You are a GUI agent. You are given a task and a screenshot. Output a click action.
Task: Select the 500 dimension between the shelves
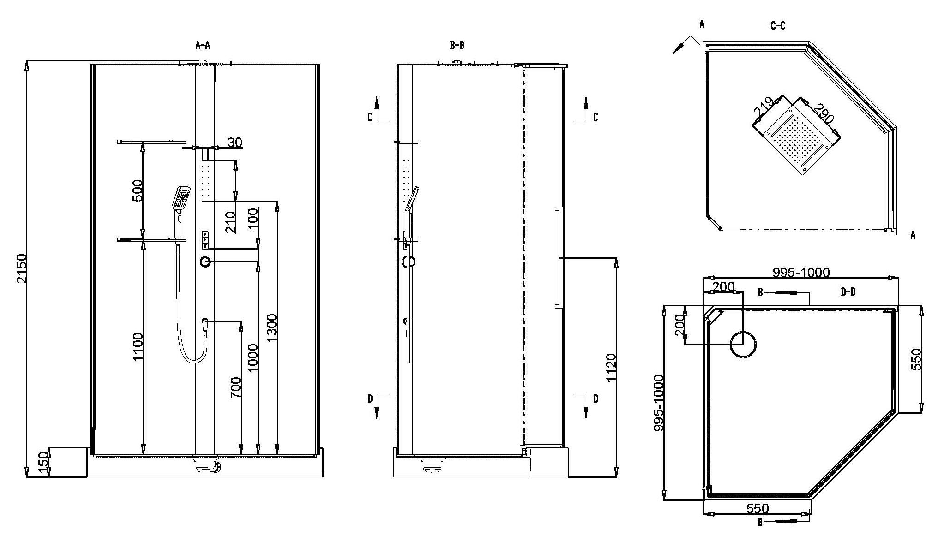(x=137, y=190)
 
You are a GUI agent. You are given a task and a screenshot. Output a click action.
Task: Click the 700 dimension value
(x=235, y=388)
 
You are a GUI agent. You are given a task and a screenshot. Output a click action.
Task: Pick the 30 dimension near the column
(x=235, y=142)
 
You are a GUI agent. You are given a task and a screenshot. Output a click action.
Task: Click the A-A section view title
(x=203, y=45)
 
